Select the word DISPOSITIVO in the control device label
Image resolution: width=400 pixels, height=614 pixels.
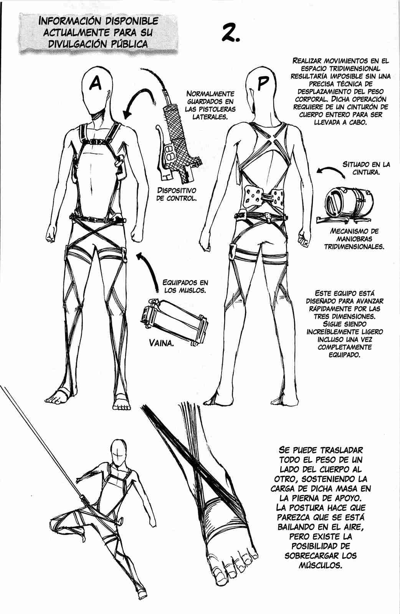tap(177, 190)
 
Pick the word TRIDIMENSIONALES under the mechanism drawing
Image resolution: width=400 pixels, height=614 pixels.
tap(354, 246)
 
